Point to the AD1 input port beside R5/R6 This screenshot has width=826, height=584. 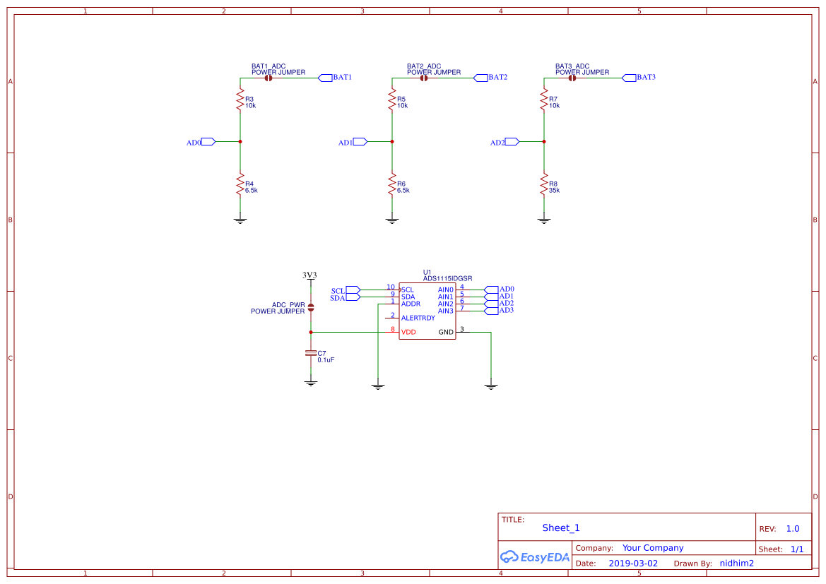360,142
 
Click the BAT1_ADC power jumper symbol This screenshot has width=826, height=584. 269,78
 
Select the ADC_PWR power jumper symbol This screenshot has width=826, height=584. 311,306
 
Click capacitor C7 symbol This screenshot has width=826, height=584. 310,353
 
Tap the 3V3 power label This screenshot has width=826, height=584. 309,275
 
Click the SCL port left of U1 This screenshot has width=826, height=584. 353,290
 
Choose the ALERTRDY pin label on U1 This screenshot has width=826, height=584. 418,318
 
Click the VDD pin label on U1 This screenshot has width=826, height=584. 408,332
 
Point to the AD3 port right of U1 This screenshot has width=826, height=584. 491,311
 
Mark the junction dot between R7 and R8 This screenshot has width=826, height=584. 544,142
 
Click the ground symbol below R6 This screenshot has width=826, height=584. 392,220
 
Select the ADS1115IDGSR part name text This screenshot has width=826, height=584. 447,279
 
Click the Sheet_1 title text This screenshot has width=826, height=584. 561,528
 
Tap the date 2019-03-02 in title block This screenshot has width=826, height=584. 633,564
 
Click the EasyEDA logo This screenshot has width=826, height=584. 535,556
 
